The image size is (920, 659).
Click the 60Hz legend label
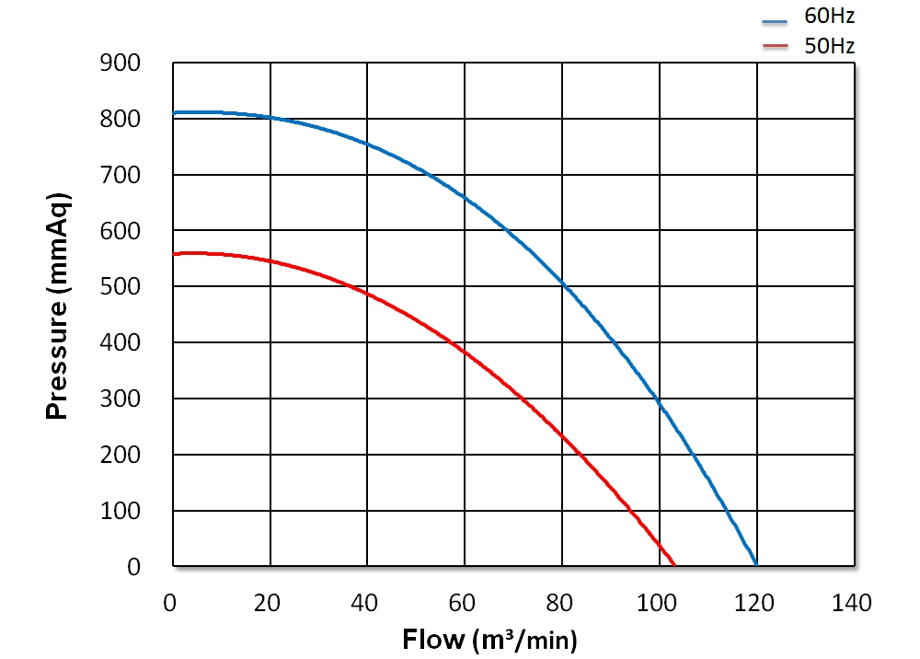click(830, 17)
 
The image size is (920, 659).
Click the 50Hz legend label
click(830, 46)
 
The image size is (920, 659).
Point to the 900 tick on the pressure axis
click(121, 64)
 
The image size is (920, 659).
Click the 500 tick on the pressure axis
click(121, 287)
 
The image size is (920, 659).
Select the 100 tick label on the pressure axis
click(121, 511)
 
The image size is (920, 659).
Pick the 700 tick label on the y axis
click(121, 175)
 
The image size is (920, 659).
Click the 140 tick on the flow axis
click(852, 604)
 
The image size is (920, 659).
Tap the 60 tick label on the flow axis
click(464, 604)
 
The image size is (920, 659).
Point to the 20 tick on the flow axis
click(270, 604)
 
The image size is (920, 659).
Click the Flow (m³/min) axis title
click(489, 638)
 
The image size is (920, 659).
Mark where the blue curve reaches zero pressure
click(756, 565)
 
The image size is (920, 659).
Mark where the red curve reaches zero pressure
click(674, 565)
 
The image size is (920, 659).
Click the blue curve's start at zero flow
click(175, 112)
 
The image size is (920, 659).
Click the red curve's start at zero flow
click(175, 254)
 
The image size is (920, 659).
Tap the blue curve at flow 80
click(561, 283)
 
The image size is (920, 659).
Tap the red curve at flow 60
click(464, 353)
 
